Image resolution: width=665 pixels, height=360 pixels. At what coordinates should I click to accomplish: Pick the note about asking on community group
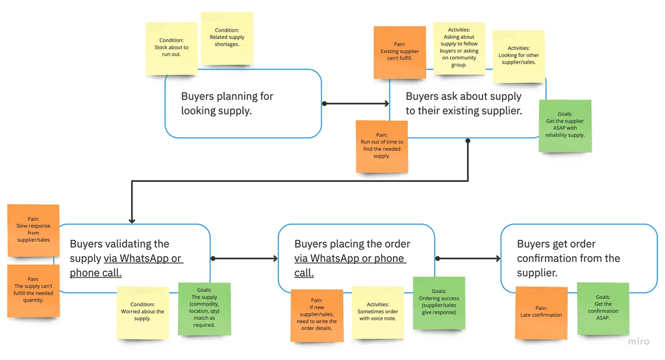pyautogui.click(x=459, y=48)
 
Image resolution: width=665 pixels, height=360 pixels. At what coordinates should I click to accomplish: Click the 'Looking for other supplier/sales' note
pyautogui.click(x=518, y=56)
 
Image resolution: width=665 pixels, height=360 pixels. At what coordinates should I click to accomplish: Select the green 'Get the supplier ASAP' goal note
pyautogui.click(x=565, y=125)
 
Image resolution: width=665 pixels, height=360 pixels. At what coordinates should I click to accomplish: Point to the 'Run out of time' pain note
pyautogui.click(x=382, y=146)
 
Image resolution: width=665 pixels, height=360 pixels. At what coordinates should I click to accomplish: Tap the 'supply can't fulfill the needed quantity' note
pyautogui.click(x=33, y=290)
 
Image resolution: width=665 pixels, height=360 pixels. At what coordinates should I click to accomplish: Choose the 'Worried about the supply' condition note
pyautogui.click(x=143, y=311)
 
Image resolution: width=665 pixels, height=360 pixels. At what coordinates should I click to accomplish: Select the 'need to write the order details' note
pyautogui.click(x=317, y=315)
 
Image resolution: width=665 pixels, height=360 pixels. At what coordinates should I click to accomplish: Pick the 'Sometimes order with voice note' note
pyautogui.click(x=377, y=311)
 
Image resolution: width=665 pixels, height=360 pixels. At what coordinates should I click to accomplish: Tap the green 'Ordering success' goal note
pyautogui.click(x=439, y=302)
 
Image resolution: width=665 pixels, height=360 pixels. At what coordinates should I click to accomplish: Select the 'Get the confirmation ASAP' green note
pyautogui.click(x=603, y=308)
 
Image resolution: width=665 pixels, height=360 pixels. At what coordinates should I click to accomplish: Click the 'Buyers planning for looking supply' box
pyautogui.click(x=243, y=104)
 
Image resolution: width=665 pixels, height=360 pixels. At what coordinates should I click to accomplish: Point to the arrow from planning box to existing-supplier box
pyautogui.click(x=355, y=103)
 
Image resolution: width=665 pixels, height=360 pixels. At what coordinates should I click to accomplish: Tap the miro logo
pyautogui.click(x=639, y=342)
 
